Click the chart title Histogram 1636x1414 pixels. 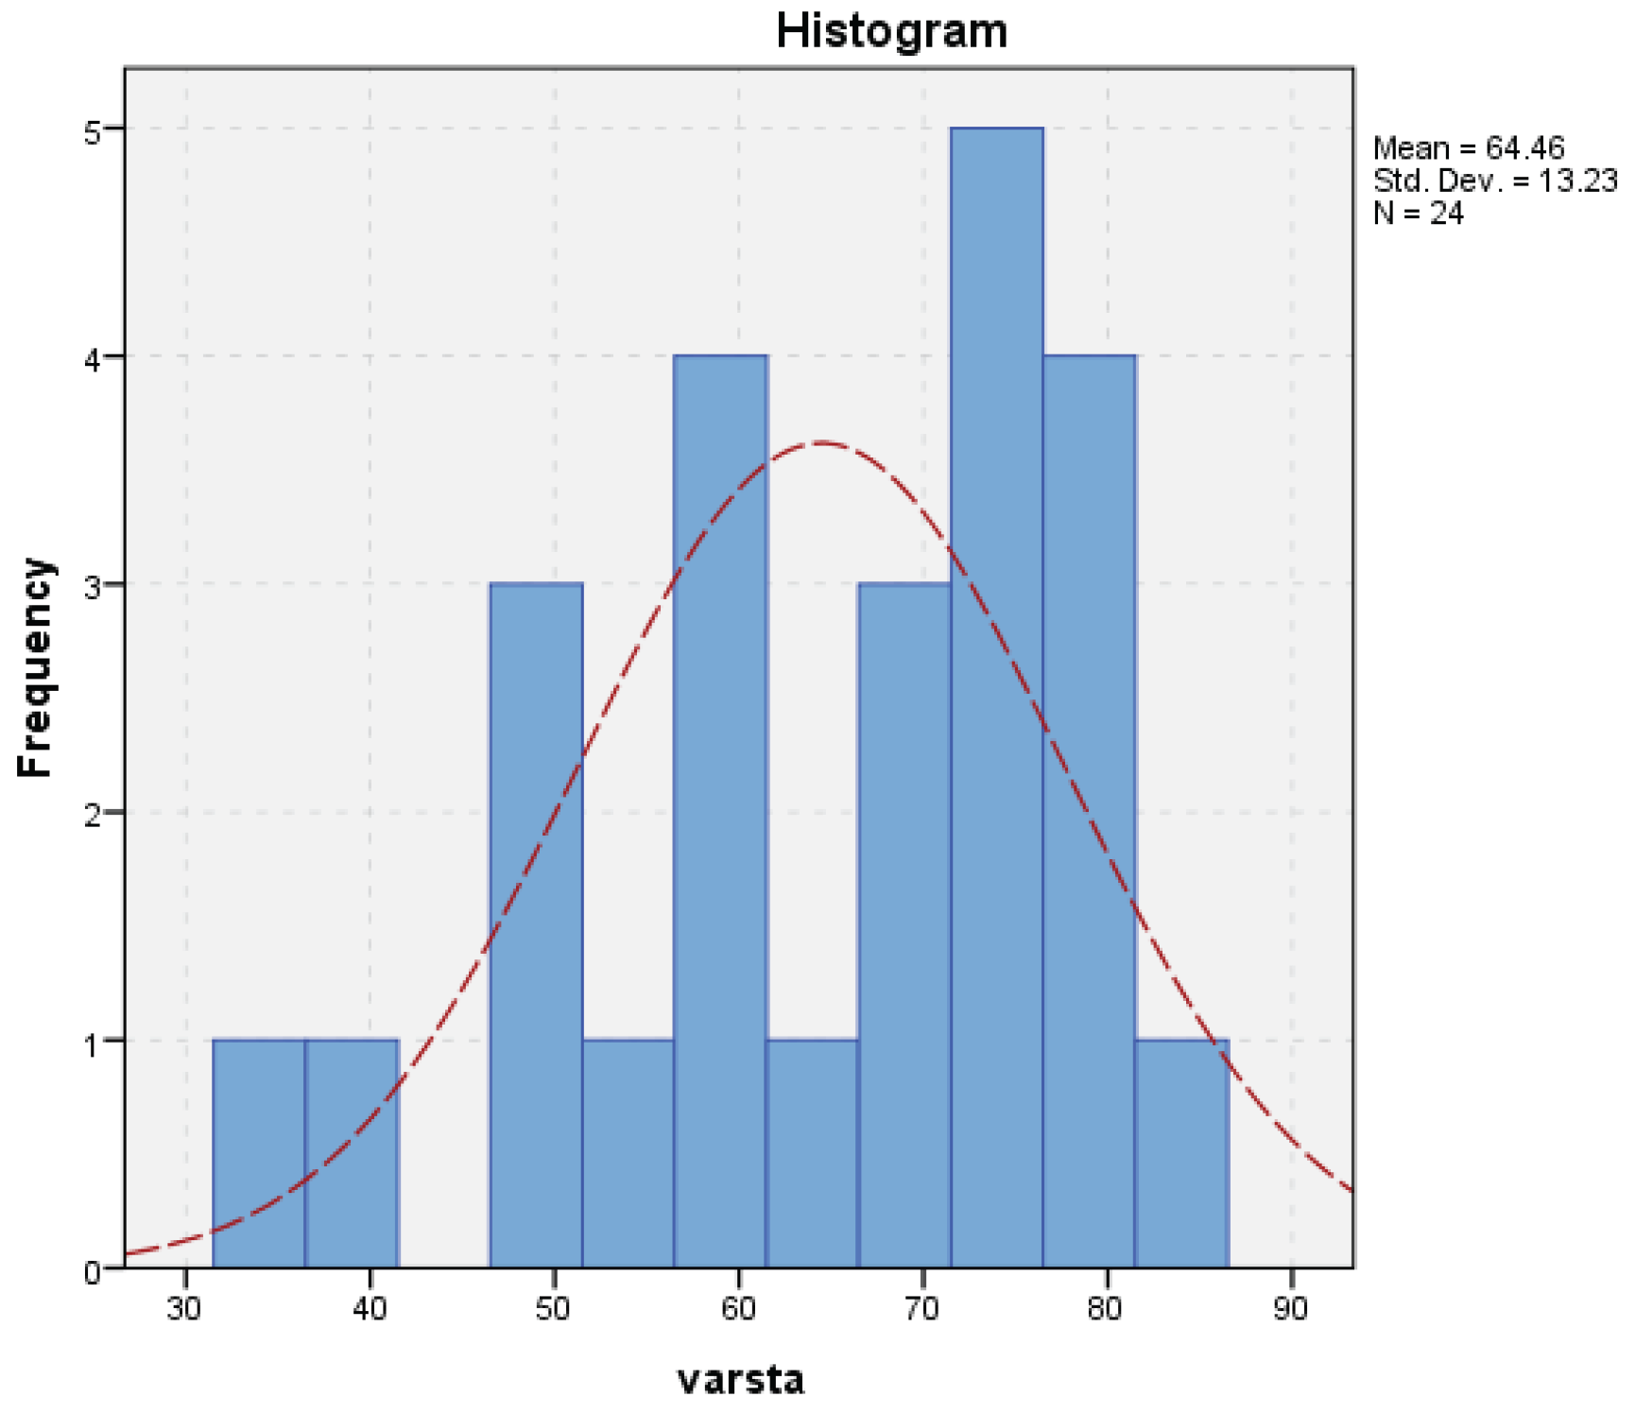pos(891,31)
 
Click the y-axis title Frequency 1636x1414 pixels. pos(35,667)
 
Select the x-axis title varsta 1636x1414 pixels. pos(741,1379)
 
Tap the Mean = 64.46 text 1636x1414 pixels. pos(1468,148)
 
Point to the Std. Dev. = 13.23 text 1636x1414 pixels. pos(1494,181)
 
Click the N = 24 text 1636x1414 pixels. pos(1418,214)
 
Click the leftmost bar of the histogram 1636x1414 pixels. pos(259,1153)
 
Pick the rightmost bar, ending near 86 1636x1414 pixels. pos(1181,1153)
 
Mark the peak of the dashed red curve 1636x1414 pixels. pos(819,442)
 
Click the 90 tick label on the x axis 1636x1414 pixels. pos(1290,1309)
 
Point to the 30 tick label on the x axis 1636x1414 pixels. pos(185,1309)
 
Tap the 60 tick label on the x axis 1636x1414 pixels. pos(738,1309)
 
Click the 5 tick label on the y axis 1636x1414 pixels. pos(93,130)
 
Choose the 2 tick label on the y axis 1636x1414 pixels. pos(93,815)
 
